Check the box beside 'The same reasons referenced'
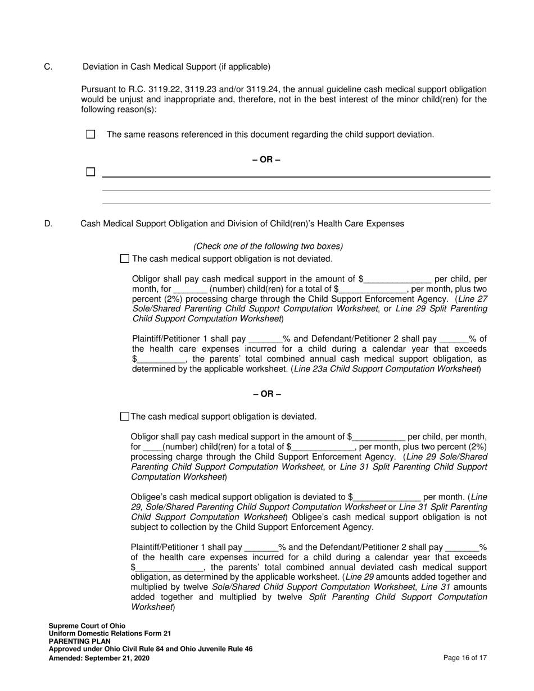90,134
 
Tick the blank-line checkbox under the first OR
90,172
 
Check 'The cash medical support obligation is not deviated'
125,258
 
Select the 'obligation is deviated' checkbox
125,416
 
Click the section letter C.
48,67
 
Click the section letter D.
48,224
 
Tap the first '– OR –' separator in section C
266,160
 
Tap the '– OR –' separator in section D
266,393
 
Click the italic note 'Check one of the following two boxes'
268,246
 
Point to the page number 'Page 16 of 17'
465,658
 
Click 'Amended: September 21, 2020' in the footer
99,658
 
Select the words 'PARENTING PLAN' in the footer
80,641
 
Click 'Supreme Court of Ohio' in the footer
87,625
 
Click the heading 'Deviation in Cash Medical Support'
177,67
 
